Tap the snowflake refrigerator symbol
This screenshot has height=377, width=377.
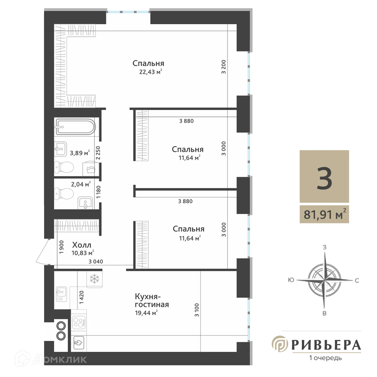pos(95,279)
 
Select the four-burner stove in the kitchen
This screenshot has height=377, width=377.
pos(79,322)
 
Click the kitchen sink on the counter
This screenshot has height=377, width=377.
pos(61,294)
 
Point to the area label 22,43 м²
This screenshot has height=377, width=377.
pos(150,72)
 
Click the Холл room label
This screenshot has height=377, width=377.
pos(82,245)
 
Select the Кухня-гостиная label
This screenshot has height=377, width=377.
pos(152,300)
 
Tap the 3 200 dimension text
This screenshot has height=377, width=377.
pos(224,67)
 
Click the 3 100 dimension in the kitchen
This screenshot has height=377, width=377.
pos(197,310)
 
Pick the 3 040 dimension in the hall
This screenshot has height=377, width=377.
pos(96,261)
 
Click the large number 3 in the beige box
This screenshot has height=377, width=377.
pos(324,178)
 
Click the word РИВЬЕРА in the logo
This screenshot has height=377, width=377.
pos(326,345)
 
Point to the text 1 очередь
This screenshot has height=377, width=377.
pos(325,358)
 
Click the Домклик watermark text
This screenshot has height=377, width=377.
pos(60,359)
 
